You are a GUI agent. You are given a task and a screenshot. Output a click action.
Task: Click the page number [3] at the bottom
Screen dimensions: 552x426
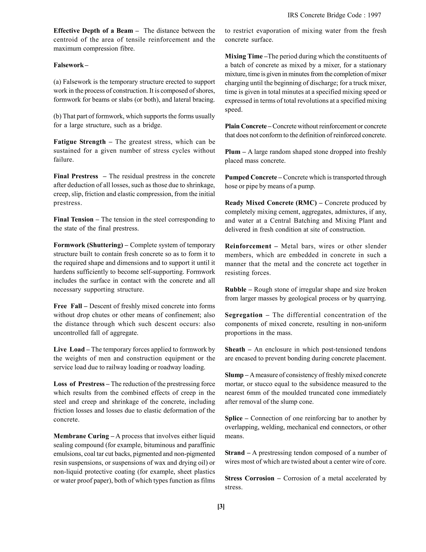tap(221, 507)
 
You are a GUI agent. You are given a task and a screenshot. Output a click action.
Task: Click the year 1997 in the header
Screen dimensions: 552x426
tap(374, 15)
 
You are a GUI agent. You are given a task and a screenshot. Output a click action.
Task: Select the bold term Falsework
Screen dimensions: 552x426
tap(69, 65)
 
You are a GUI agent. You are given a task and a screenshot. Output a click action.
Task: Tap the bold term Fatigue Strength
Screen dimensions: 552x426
tap(79, 142)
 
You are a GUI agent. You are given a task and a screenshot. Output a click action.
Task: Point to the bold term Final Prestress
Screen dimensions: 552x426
tap(76, 176)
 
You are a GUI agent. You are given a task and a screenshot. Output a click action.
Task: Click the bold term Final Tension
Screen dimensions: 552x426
tap(73, 219)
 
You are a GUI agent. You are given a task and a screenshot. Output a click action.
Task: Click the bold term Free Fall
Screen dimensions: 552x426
tap(68, 306)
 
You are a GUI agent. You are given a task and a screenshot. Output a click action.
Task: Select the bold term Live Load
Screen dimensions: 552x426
tap(69, 349)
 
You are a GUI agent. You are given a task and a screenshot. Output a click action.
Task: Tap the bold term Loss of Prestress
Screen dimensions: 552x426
tap(79, 384)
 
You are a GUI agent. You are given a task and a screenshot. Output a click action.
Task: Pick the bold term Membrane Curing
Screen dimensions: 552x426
tap(81, 436)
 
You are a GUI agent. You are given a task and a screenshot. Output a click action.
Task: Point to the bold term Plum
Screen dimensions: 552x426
tap(232, 152)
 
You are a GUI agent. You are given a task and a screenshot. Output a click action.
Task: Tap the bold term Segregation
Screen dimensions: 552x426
tap(244, 315)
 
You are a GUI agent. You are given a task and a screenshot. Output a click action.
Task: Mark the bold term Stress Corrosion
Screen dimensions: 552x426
tap(249, 478)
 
